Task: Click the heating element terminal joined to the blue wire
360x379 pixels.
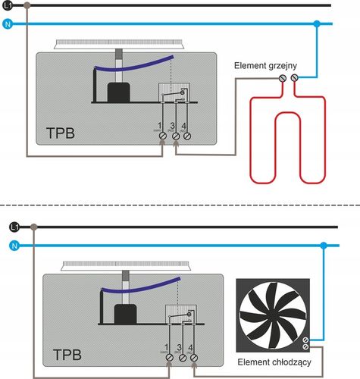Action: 295,77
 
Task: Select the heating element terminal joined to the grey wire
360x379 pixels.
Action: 283,77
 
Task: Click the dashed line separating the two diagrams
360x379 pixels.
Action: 180,205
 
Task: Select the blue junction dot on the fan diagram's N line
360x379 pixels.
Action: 324,245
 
